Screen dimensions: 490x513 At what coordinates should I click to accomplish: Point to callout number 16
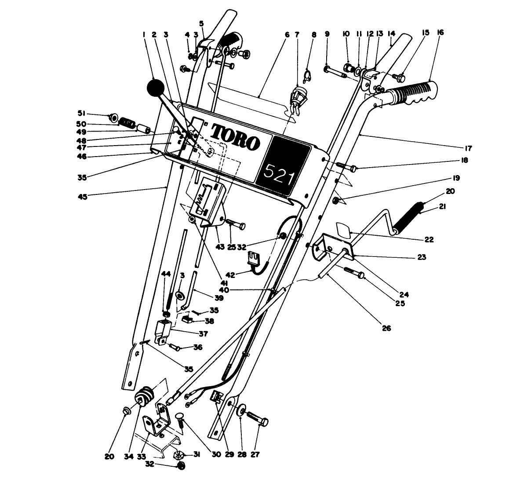click(x=440, y=33)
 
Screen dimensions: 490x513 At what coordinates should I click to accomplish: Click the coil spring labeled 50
click(x=127, y=121)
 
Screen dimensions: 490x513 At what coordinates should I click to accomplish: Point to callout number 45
click(x=83, y=197)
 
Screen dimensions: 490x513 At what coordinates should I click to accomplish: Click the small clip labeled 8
click(x=309, y=72)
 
